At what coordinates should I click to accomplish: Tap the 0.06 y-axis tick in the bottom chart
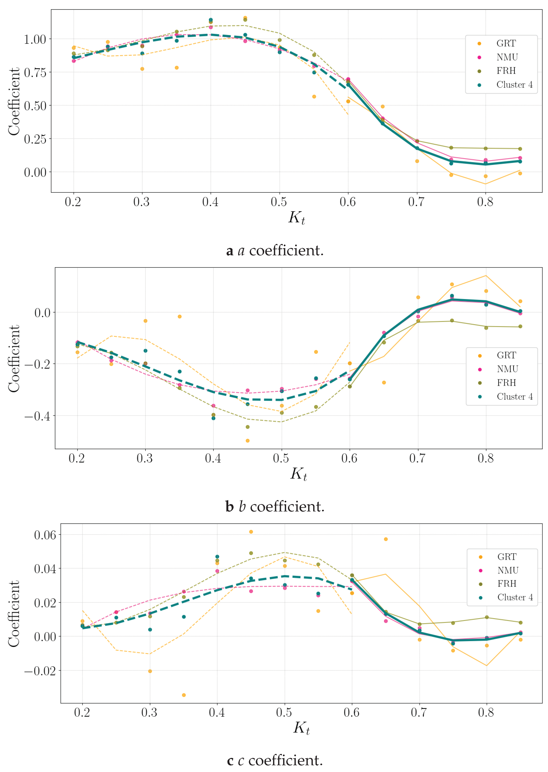[45, 535]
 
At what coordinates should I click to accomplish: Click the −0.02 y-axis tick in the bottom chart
[40, 671]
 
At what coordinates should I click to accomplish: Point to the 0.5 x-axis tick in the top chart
[279, 202]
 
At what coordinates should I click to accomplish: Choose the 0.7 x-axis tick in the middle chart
[417, 458]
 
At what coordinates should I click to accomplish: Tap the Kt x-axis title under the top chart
[297, 217]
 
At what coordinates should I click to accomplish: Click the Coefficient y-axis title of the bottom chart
[14, 614]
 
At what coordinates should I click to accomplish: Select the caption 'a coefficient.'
[275, 251]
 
